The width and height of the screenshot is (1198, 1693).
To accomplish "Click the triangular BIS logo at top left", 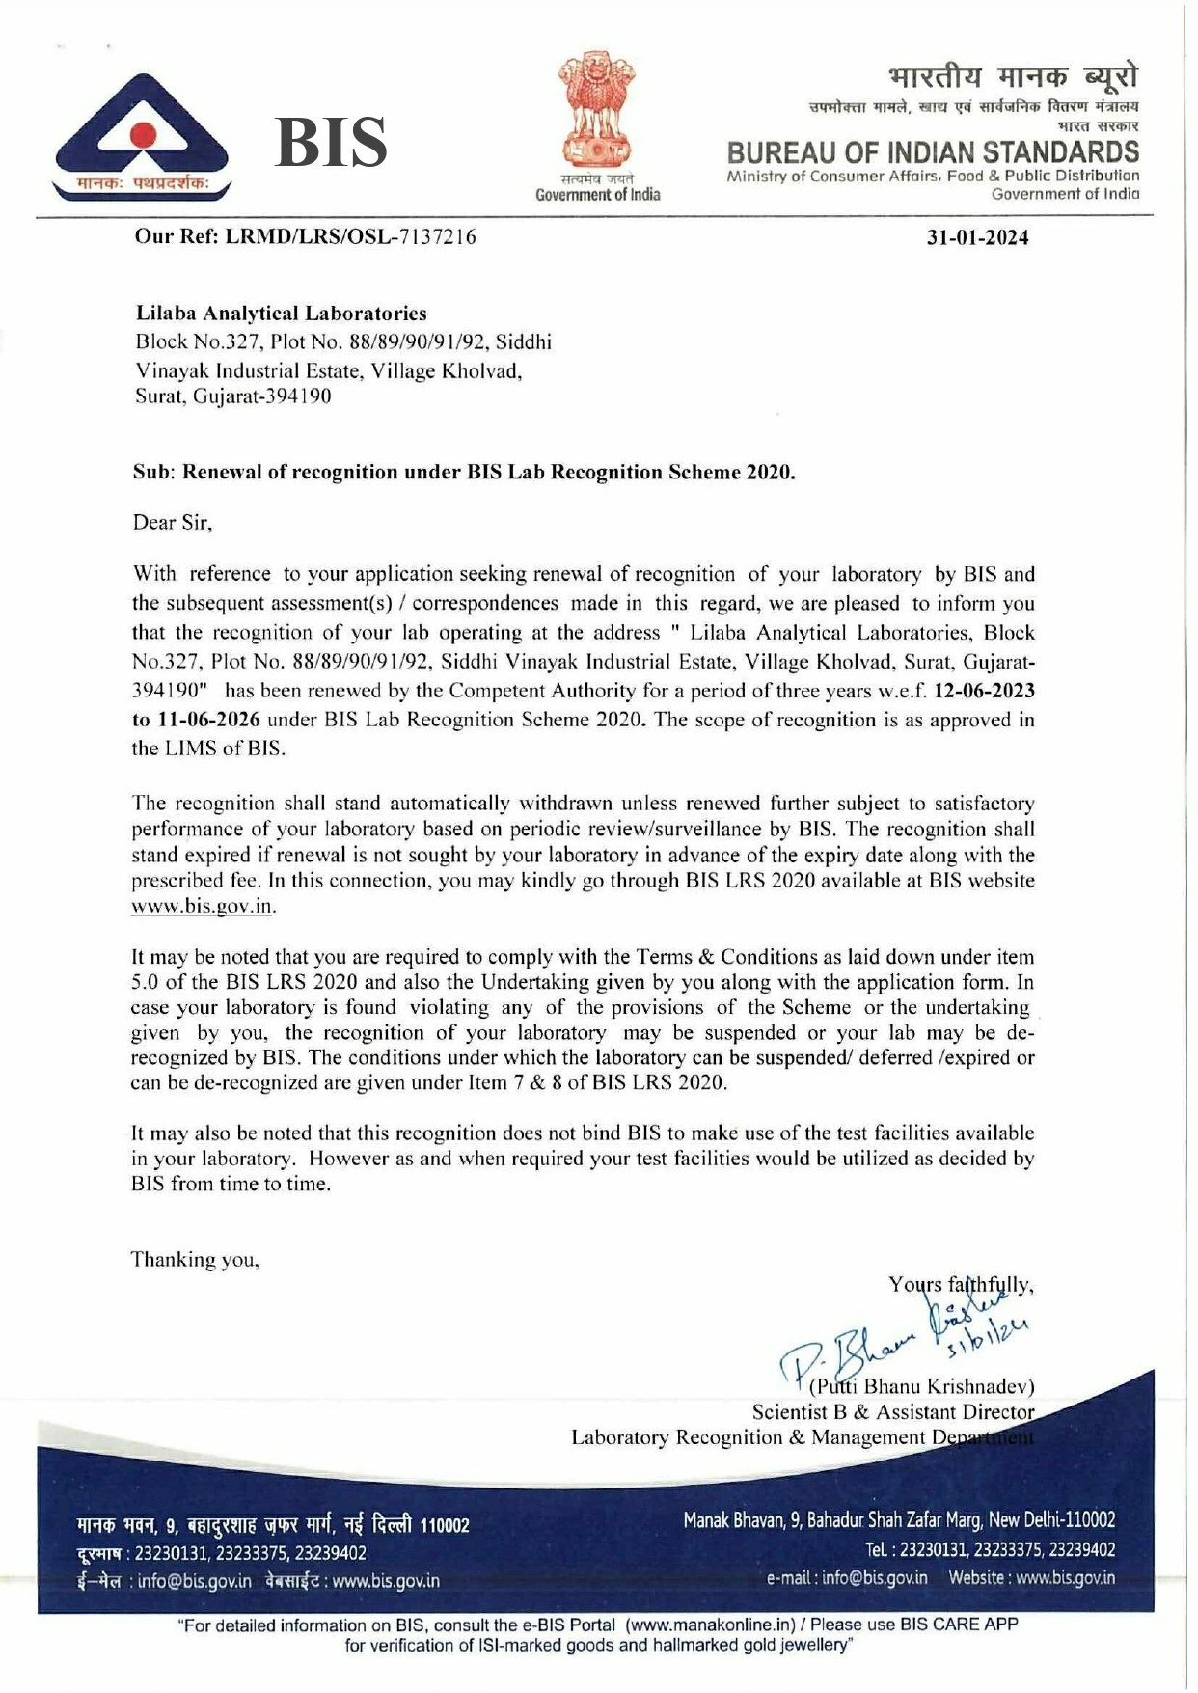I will [x=142, y=136].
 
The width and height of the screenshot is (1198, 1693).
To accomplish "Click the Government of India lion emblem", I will [x=597, y=111].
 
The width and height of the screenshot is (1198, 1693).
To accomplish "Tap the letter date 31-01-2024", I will [x=977, y=237].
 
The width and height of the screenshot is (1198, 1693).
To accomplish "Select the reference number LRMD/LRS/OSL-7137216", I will [x=350, y=236].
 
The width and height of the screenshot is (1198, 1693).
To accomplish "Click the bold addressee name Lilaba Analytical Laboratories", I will [x=281, y=314].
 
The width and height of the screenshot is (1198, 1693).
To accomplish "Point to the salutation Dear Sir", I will [x=172, y=523].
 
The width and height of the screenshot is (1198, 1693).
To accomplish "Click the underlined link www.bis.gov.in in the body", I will [x=203, y=907].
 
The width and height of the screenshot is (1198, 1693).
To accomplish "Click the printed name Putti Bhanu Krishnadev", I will [x=922, y=1387].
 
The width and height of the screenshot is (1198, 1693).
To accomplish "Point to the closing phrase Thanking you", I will [x=195, y=1260].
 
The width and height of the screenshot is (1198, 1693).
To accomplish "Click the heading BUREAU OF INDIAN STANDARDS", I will [x=933, y=152].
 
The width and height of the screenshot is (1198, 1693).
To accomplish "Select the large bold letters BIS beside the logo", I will [x=331, y=142].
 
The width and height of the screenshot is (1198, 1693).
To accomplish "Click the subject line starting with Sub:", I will [x=463, y=473].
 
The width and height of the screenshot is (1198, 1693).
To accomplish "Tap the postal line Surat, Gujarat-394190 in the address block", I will [x=233, y=396].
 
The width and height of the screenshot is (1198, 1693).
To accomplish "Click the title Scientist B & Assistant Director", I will [x=892, y=1412].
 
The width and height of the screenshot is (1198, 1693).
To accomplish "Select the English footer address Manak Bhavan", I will [x=899, y=1520].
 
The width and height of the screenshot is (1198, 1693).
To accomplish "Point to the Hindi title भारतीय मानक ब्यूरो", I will [x=1013, y=75].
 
